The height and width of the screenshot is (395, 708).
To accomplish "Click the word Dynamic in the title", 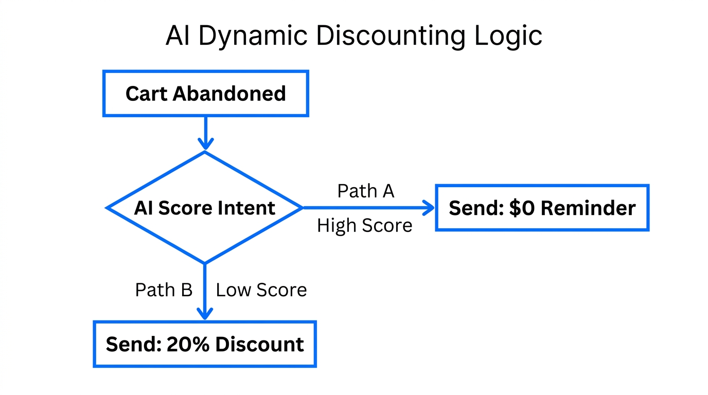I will [252, 36].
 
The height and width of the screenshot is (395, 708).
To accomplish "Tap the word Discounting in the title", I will [391, 36].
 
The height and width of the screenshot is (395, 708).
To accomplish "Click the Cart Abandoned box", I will [206, 94].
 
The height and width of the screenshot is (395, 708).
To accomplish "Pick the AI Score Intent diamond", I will [205, 208].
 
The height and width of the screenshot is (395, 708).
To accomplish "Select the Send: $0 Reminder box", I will [542, 208].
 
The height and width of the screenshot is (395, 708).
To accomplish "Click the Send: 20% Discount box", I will [205, 344].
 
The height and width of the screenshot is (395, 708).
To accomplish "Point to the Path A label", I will [365, 191].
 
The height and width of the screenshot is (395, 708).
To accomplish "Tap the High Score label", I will [364, 225].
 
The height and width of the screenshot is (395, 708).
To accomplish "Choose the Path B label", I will [164, 290].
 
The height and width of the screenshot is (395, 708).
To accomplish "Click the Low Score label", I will [261, 290].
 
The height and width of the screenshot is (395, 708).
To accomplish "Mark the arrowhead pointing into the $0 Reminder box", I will [430, 208].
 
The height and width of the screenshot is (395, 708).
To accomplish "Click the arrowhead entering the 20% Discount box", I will [205, 314].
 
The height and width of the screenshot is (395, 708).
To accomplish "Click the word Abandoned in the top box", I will [229, 94].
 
